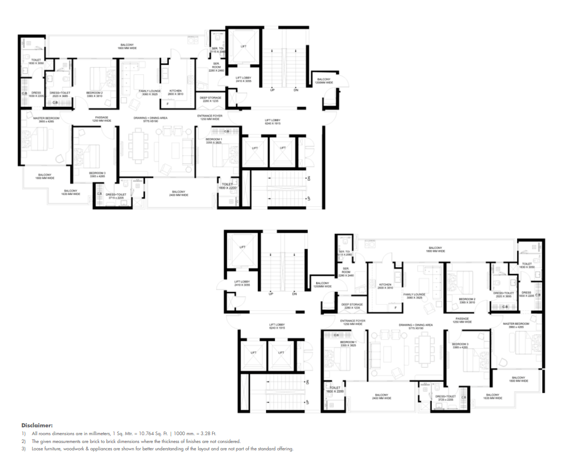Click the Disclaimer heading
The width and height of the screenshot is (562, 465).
pyautogui.click(x=37, y=425)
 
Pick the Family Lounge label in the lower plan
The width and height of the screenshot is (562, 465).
pyautogui.click(x=414, y=296)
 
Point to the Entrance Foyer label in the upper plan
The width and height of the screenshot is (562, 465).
pyautogui.click(x=210, y=117)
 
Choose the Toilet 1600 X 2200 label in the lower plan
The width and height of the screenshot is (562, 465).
pyautogui.click(x=335, y=390)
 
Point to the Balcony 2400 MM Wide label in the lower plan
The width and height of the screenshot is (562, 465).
pyautogui.click(x=381, y=396)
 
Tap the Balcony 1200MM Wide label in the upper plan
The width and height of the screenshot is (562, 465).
pyautogui.click(x=324, y=81)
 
